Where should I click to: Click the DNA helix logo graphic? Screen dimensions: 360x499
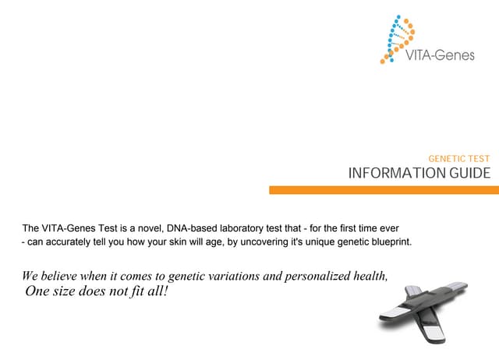click(398, 37)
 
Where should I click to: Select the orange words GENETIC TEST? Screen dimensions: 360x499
click(459, 158)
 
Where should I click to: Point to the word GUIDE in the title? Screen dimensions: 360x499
click(469, 173)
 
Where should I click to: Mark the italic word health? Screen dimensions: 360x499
click(368, 277)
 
